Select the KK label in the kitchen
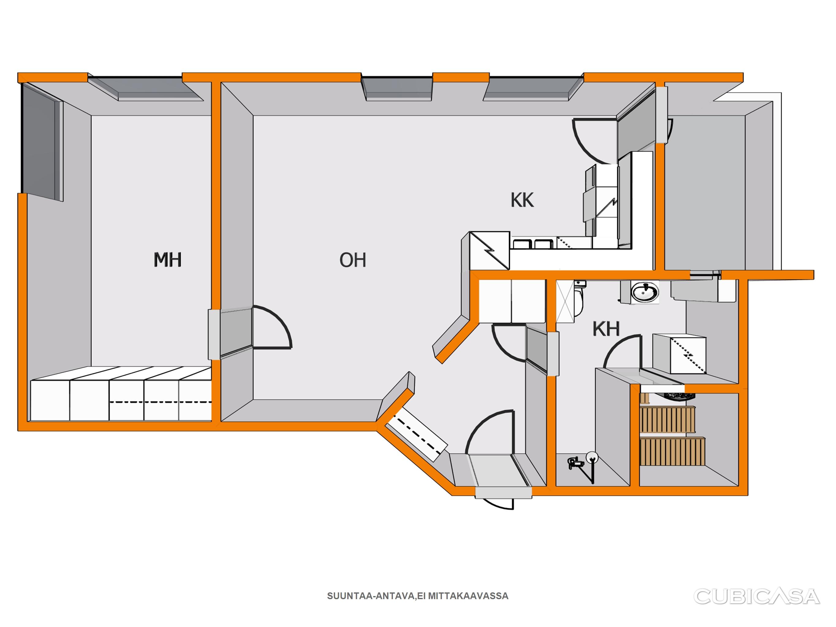point(522,200)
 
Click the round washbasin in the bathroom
point(646,292)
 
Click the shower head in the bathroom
point(591,458)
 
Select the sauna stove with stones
point(680,396)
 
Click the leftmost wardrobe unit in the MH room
point(50,400)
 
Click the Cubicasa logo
point(757,596)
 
